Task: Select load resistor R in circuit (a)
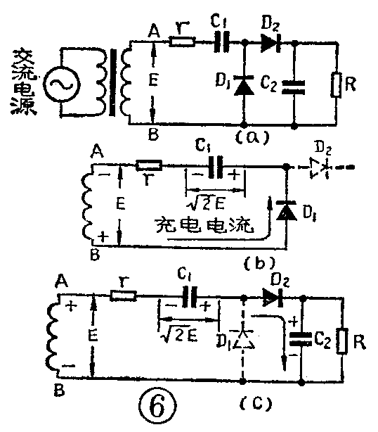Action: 337,88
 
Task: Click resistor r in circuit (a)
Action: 184,43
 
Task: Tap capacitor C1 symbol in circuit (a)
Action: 223,43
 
